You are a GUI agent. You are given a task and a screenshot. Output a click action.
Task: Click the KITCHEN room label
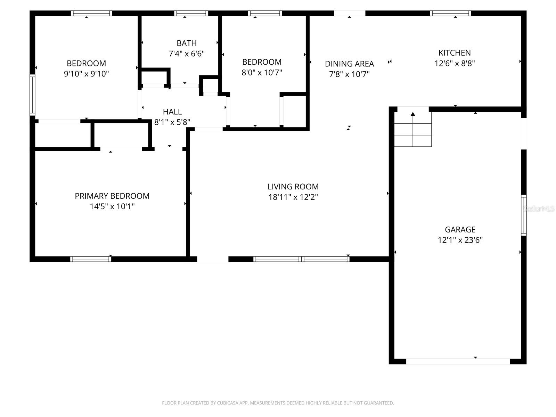(455, 53)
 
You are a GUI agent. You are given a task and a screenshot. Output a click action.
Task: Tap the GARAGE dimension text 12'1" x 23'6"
(460, 240)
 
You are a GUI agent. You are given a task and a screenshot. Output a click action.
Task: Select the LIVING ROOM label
(293, 187)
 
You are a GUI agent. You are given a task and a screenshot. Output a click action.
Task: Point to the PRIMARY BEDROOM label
(112, 196)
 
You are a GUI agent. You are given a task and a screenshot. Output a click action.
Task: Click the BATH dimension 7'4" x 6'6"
(187, 54)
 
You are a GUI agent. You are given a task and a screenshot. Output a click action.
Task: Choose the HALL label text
(172, 112)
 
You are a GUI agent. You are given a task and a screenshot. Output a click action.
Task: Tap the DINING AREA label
(349, 64)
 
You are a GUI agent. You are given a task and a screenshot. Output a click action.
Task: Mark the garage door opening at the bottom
(458, 361)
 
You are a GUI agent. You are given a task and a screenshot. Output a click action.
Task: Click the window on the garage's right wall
(523, 215)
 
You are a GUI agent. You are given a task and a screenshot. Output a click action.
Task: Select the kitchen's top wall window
(450, 14)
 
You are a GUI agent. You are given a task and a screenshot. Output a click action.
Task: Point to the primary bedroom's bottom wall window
(91, 259)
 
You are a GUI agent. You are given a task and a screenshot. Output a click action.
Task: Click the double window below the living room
(301, 259)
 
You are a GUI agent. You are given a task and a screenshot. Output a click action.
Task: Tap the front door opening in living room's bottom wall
(213, 259)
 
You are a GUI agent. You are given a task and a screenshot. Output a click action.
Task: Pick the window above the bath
(191, 14)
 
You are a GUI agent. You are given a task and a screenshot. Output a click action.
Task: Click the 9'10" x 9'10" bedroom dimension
(87, 74)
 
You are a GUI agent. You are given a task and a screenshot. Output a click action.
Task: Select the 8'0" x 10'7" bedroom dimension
(262, 73)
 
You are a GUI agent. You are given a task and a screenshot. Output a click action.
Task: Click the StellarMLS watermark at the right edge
(539, 208)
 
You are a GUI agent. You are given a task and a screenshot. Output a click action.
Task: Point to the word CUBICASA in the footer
(227, 403)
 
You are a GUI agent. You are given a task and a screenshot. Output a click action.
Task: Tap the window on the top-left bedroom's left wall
(32, 95)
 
